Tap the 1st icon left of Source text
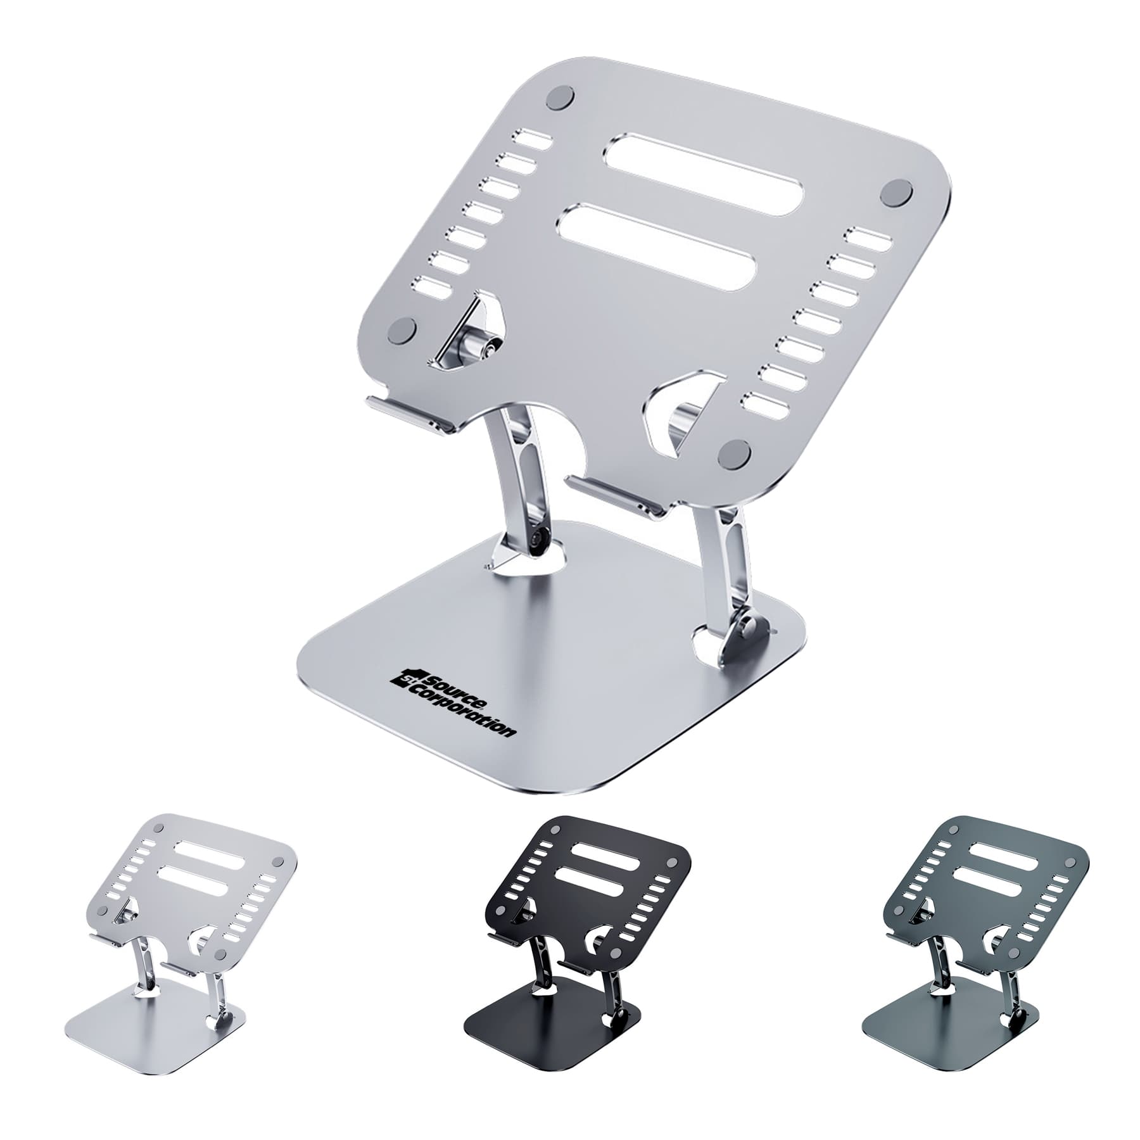click(404, 678)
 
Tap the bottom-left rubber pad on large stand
click(402, 329)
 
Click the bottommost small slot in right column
click(767, 403)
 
